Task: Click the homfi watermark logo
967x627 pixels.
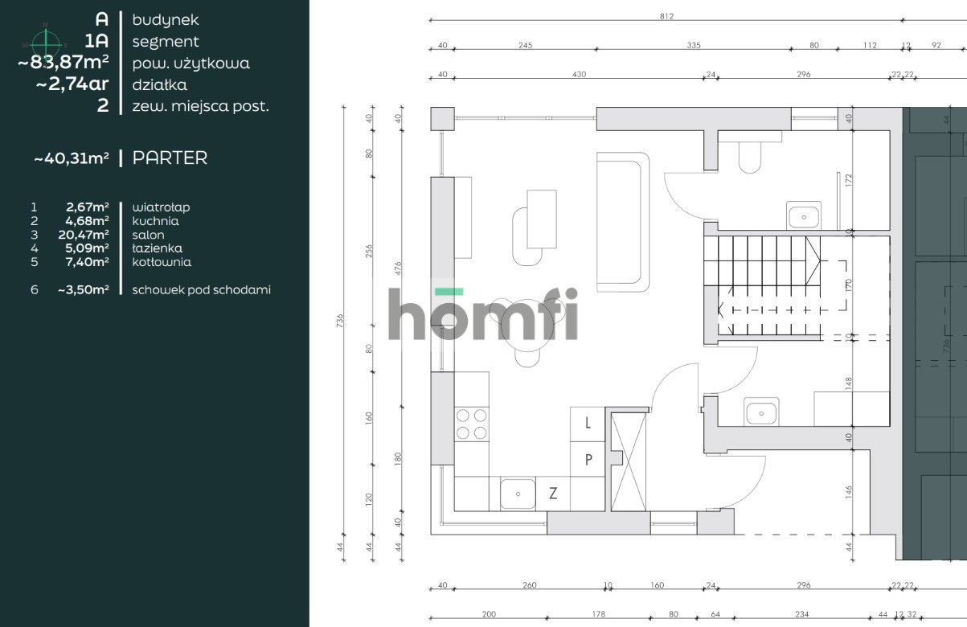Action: [482, 314]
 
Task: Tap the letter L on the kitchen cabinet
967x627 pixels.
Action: [588, 423]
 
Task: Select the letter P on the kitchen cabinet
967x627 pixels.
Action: [588, 460]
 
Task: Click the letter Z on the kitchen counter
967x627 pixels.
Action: [553, 494]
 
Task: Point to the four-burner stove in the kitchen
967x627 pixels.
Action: [472, 424]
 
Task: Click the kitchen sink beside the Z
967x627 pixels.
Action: [518, 494]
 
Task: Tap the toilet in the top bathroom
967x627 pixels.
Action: [749, 158]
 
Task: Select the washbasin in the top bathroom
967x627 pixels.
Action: [802, 216]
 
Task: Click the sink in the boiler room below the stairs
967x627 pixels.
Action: [760, 412]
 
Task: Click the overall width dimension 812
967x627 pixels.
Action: [666, 16]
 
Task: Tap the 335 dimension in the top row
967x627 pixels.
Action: [694, 46]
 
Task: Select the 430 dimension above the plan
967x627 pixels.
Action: [579, 75]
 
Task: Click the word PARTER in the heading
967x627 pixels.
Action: [170, 158]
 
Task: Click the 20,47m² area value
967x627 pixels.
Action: [88, 235]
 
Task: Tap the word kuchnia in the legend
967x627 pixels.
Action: [155, 221]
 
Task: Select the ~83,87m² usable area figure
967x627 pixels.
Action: [64, 63]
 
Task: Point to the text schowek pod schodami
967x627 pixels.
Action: [201, 290]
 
